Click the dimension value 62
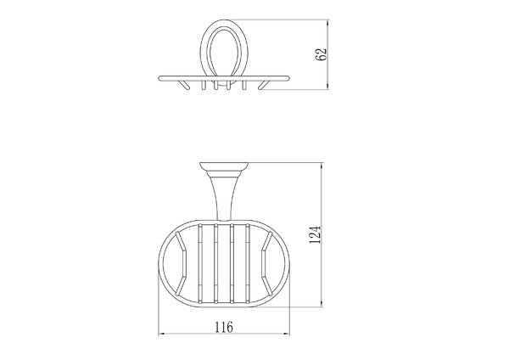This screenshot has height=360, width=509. pos(321,54)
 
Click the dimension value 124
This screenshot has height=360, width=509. pos(315,234)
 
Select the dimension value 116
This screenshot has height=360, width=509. pos(224,327)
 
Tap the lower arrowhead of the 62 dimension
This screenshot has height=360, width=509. pos(327,86)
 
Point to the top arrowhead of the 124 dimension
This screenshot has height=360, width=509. pos(322,166)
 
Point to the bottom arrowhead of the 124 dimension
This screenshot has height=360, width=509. pos(322,303)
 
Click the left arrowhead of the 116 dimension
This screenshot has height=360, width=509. pos(162,334)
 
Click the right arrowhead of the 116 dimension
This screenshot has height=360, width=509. pos(285,334)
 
